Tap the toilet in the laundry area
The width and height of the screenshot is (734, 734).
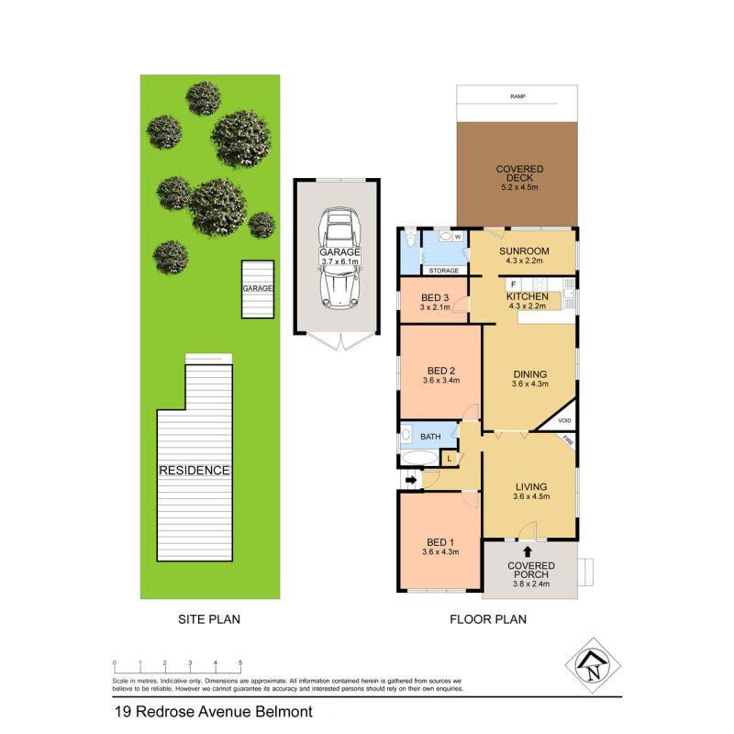tap(408, 239)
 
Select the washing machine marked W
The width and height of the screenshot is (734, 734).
tap(456, 237)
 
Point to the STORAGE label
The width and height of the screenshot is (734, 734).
tap(444, 271)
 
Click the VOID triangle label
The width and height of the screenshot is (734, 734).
tap(564, 420)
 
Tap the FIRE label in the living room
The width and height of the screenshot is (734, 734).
tap(569, 442)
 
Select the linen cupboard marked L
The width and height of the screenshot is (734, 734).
tap(450, 457)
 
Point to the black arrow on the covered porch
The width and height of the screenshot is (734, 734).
tap(527, 550)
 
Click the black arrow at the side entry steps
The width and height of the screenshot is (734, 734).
tap(410, 479)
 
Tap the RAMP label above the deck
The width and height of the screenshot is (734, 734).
tap(518, 95)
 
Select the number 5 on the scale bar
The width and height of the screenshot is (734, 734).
tap(240, 662)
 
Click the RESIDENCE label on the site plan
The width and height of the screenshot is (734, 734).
tap(194, 470)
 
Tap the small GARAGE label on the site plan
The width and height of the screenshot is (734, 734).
tap(258, 288)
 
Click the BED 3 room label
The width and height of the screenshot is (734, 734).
tap(436, 298)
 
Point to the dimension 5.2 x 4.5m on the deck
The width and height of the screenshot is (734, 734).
tap(519, 187)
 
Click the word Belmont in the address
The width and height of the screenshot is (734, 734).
tap(283, 711)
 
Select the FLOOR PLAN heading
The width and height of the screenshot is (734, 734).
tap(487, 619)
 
